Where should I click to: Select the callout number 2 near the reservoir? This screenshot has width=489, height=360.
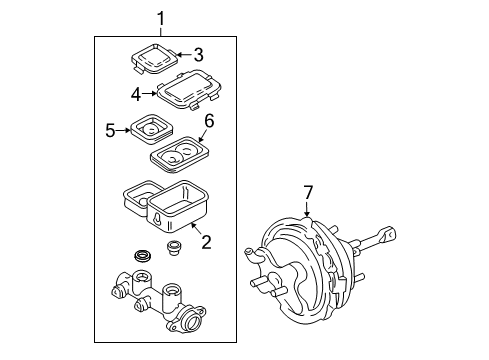point(206,241)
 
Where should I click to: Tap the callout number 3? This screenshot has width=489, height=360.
point(199,54)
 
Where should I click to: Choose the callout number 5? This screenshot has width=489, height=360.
point(111,128)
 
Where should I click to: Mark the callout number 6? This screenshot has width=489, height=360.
point(209,121)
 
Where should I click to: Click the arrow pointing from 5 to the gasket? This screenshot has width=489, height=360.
point(126,128)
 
